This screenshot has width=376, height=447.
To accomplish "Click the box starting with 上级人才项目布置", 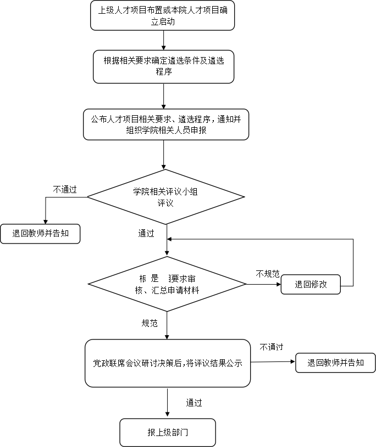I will click(163, 15).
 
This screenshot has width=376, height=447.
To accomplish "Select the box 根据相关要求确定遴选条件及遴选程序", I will click(163, 66).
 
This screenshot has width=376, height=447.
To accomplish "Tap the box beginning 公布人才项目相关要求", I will click(165, 125).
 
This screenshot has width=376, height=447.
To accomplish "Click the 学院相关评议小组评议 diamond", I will click(165, 197).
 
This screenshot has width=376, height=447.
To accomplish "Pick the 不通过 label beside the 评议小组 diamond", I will click(65, 189).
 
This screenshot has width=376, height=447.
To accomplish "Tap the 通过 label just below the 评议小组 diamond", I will click(146, 234).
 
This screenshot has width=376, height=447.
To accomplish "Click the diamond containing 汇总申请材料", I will click(167, 284).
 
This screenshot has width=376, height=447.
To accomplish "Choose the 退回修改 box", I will click(311, 284).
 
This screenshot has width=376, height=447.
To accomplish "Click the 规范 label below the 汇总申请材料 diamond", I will click(150, 324).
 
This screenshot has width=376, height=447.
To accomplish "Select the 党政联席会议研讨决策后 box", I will click(168, 363).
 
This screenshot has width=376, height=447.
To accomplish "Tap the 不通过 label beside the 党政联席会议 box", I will click(272, 347).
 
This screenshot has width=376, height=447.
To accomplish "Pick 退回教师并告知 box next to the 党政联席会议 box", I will click(335, 363).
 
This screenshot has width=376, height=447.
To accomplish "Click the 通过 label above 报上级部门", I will click(194, 403).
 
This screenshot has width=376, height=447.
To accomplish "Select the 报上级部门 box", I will click(168, 432).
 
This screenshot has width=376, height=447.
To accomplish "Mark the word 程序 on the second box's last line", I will click(163, 72).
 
